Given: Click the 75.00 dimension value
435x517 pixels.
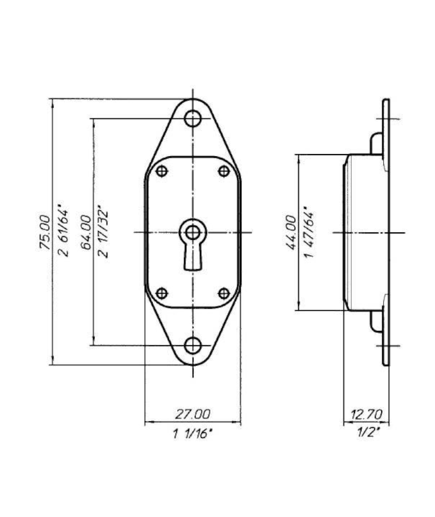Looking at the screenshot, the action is (x=45, y=232).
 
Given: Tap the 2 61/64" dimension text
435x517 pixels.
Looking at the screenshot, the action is (x=63, y=232).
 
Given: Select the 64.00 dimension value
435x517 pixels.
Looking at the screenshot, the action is (x=86, y=232).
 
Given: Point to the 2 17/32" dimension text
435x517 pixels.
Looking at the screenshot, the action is (x=103, y=232).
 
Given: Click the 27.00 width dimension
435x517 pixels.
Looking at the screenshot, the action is (x=192, y=414).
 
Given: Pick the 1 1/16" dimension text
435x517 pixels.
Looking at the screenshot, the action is (x=193, y=434).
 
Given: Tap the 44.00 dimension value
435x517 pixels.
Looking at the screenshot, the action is (x=290, y=232).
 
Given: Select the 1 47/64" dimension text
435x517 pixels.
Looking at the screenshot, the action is (x=309, y=232).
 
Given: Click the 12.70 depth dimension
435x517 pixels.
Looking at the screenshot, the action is (x=366, y=414).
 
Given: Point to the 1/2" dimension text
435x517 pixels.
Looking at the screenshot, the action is (x=368, y=432).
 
